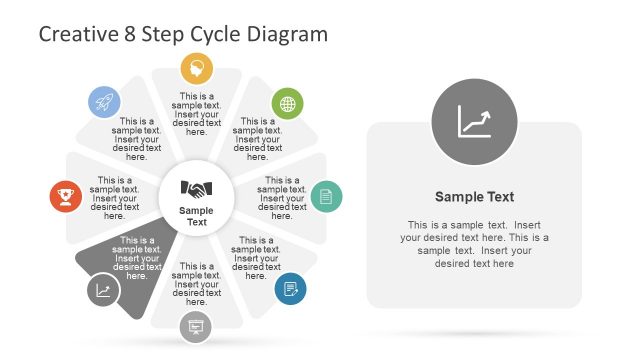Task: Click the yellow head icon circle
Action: tap(197, 68)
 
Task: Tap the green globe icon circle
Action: tap(288, 103)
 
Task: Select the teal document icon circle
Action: tap(325, 196)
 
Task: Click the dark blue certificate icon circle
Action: tap(290, 288)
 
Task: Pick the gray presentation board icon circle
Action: tap(196, 327)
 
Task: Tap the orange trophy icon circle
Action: tap(66, 196)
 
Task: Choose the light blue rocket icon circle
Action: tap(104, 102)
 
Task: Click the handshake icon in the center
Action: tap(197, 188)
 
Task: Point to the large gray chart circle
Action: tap(474, 123)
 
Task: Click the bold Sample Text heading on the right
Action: tap(474, 197)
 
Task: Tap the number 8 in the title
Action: tap(129, 34)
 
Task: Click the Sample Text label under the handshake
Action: tap(197, 216)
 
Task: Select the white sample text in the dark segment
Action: tap(137, 254)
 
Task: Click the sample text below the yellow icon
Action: tap(197, 114)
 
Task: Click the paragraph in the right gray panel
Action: tap(474, 243)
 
